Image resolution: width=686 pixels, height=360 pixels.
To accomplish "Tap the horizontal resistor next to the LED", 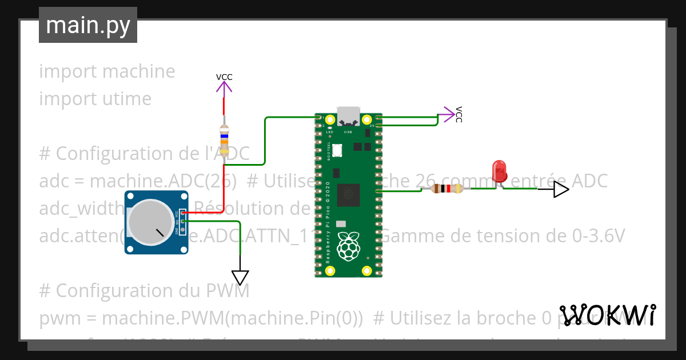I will (448, 189).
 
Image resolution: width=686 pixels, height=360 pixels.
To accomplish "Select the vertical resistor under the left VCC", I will (225, 140).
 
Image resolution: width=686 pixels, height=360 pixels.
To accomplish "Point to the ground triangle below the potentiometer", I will (241, 277).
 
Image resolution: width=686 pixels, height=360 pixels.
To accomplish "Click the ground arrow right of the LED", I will (561, 190).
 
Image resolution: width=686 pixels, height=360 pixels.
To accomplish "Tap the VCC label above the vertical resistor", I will (224, 77).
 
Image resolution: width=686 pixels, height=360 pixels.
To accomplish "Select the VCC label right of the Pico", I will (458, 114).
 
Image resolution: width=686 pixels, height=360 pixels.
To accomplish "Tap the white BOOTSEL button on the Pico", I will (337, 150).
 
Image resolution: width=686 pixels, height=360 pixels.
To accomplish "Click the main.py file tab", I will (88, 25).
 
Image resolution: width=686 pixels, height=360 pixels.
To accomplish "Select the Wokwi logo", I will (607, 315).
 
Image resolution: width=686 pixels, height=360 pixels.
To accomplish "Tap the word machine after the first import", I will (138, 71).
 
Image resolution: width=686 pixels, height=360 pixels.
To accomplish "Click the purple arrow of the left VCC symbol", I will (224, 87).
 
